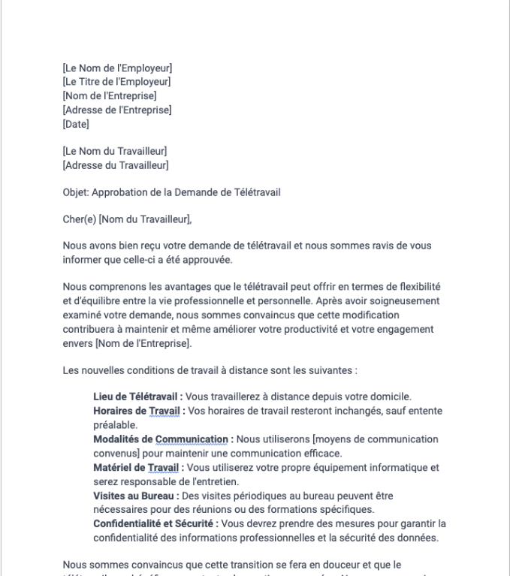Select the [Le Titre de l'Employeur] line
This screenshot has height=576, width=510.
click(116, 82)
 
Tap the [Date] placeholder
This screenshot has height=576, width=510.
click(76, 123)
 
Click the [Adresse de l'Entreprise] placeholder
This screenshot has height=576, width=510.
click(117, 110)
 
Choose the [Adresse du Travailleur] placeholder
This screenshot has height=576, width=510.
click(115, 164)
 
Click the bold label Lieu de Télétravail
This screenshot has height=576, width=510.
click(135, 396)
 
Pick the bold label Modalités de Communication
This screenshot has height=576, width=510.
click(161, 439)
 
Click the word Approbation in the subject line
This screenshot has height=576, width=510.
click(122, 192)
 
